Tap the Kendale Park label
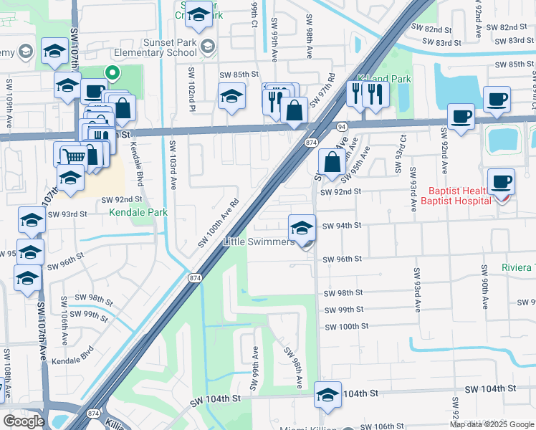[x=138, y=212]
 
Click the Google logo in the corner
[x=24, y=421]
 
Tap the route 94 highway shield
[x=343, y=125]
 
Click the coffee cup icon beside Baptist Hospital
[x=501, y=182]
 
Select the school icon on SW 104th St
[x=327, y=395]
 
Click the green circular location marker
[x=112, y=72]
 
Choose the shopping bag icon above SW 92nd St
[x=332, y=163]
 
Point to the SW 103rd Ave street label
[x=173, y=164]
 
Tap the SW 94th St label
[x=342, y=226]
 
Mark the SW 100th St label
[x=346, y=326]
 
